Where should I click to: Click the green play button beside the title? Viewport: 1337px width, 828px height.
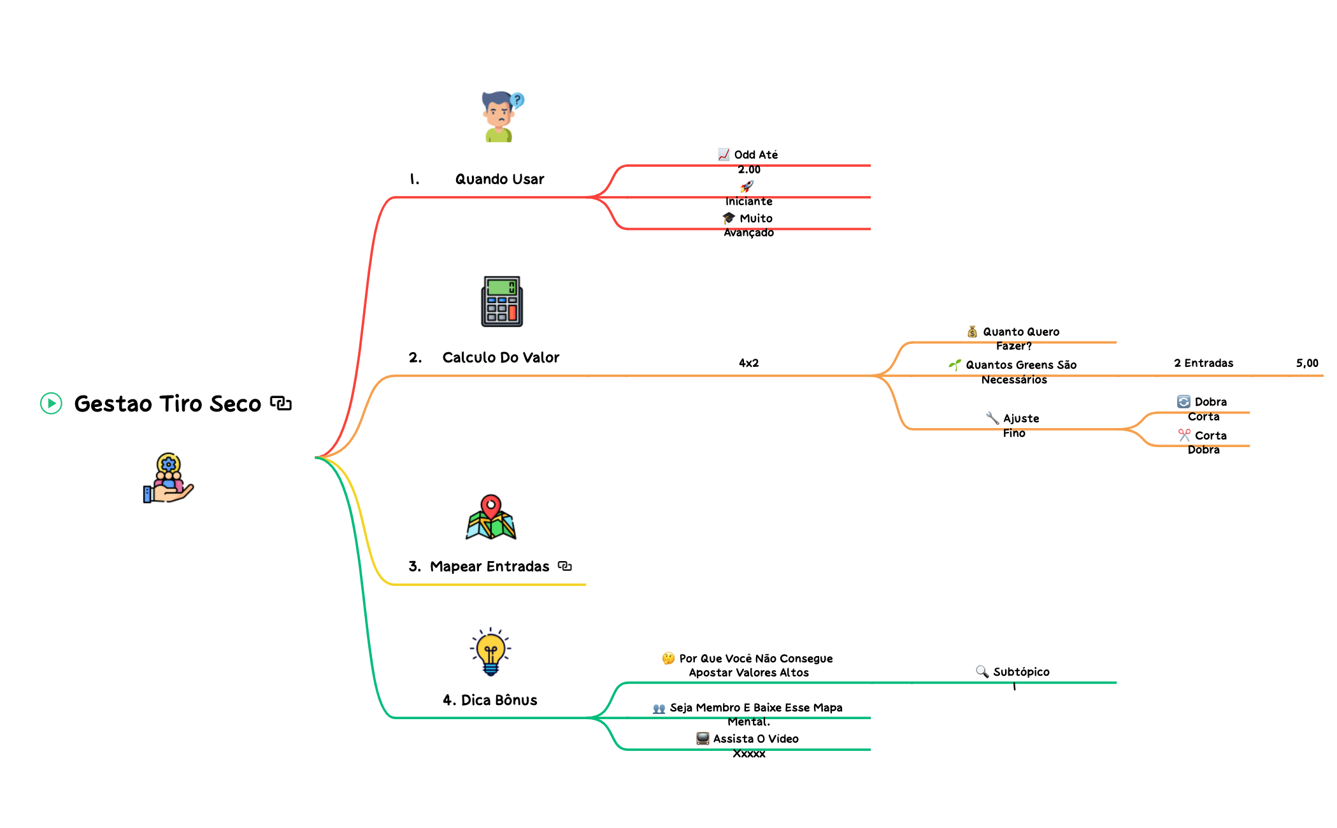click(51, 403)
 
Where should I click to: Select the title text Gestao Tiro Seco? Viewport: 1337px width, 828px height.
click(168, 404)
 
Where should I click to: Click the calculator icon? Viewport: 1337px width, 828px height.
click(502, 301)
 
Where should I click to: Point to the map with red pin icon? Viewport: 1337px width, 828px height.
click(490, 517)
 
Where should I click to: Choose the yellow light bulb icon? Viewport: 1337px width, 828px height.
click(490, 652)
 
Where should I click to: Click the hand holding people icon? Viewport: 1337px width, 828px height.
click(168, 478)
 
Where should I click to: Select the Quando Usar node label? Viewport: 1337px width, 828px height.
click(499, 180)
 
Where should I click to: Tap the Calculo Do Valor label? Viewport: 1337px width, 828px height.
click(501, 358)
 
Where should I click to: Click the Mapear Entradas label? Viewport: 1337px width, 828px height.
click(489, 567)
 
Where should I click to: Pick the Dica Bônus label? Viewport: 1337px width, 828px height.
click(499, 701)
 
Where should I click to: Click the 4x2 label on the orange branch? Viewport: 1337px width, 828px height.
click(748, 363)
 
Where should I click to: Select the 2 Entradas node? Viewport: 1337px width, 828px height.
click(1203, 363)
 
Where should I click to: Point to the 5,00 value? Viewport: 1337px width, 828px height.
click(1307, 363)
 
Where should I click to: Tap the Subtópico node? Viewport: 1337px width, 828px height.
click(1013, 673)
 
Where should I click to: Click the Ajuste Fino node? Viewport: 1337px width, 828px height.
click(1013, 425)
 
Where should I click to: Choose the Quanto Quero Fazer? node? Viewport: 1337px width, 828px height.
click(1013, 339)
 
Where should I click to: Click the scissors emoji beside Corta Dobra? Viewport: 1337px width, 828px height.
click(1184, 435)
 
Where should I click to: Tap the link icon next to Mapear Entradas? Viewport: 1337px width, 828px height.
click(564, 566)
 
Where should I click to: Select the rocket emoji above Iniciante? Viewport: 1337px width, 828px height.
click(747, 187)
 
